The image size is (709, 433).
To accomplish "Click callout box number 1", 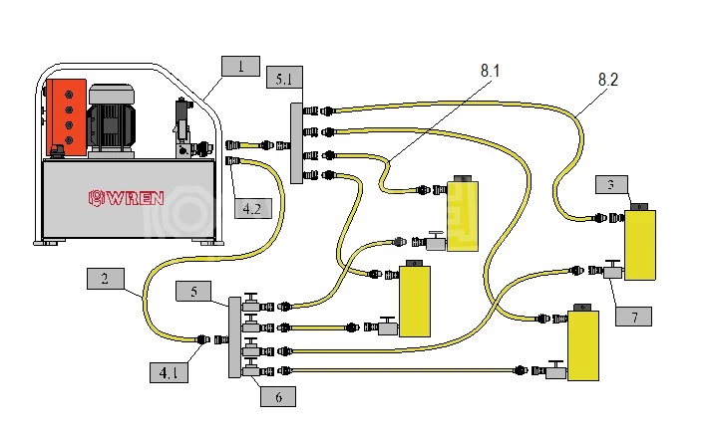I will (240, 67).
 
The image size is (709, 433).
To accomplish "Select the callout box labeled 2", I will (106, 278).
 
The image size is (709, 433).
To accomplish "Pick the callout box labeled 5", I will (194, 291).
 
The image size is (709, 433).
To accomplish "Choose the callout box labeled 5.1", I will (284, 77).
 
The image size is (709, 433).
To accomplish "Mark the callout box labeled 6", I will (279, 395).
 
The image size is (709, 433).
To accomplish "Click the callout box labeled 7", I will (634, 316).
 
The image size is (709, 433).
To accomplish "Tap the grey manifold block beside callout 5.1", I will (296, 142).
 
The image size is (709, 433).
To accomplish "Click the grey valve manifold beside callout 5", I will (235, 336).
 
